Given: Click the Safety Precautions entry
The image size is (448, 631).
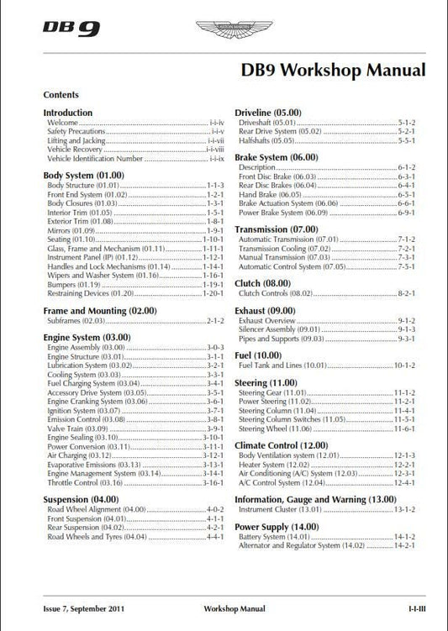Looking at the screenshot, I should (76, 132).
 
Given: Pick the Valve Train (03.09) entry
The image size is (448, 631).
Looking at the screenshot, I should (78, 428).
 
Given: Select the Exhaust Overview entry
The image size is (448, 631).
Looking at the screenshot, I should (267, 321).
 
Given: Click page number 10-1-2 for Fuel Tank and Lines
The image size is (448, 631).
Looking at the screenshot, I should (404, 366).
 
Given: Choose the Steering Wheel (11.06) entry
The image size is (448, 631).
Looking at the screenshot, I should (274, 429).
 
